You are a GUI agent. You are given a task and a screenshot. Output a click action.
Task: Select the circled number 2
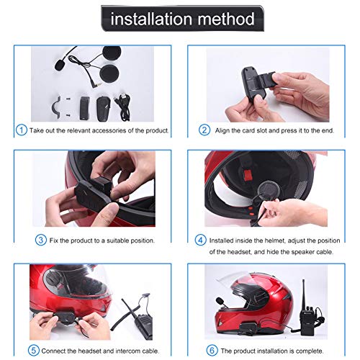point(204,130)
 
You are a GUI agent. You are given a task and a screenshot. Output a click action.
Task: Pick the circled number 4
point(200,240)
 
